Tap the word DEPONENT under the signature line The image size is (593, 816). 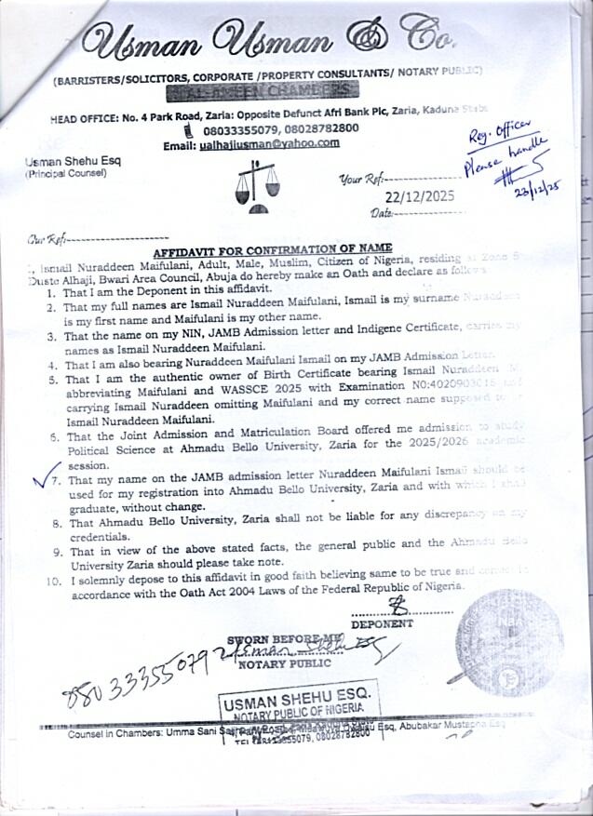click(x=382, y=624)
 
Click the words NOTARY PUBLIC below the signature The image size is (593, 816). click(x=285, y=663)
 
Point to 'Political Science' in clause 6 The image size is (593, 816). click(x=114, y=448)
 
